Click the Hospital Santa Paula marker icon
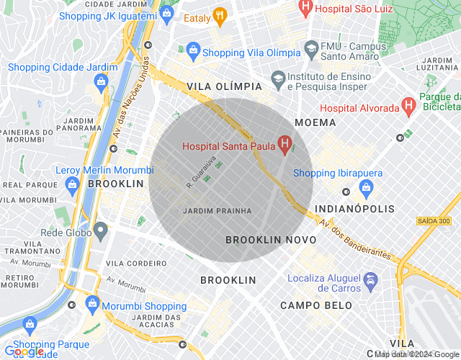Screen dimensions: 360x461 point(285,146)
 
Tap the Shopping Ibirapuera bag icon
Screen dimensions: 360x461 point(366,189)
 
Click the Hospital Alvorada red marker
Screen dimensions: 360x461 point(408,107)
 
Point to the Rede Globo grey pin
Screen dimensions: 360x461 point(101,232)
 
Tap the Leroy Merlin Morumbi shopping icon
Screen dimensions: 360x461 point(72,186)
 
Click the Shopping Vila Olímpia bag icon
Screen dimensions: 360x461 point(192,51)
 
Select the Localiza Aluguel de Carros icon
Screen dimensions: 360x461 point(370,279)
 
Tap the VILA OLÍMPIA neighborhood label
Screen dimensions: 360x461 point(224,86)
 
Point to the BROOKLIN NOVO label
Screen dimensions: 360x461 point(271,240)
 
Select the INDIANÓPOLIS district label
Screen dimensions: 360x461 point(356,209)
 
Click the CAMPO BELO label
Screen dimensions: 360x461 point(316,305)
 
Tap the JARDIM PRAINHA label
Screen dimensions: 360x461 point(218,211)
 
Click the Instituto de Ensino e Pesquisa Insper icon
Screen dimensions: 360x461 point(277,77)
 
